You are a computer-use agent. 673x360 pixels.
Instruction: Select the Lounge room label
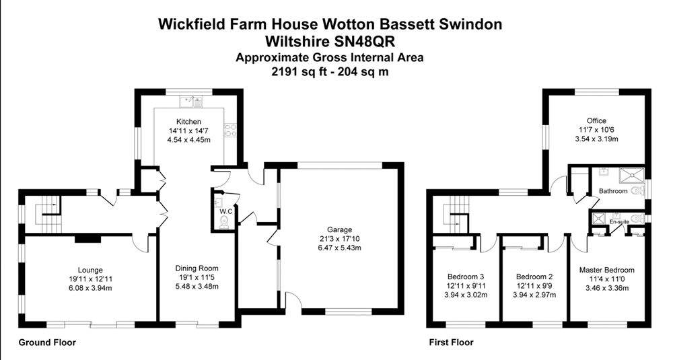[x=90, y=270]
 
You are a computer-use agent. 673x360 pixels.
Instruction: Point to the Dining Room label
[x=195, y=268]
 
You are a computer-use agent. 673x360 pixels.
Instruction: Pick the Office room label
[x=596, y=121]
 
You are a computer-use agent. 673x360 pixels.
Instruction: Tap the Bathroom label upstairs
[x=613, y=192]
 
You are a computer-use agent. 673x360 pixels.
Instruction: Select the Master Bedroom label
[x=606, y=271]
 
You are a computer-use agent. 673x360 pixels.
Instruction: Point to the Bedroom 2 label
[x=534, y=277]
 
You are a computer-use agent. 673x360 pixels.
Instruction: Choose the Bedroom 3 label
[x=466, y=277]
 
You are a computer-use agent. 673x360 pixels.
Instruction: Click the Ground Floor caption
[x=46, y=343]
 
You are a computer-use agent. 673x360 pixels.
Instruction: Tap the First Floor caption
[x=452, y=343]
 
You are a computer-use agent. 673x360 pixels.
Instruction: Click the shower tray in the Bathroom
[x=631, y=173]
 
